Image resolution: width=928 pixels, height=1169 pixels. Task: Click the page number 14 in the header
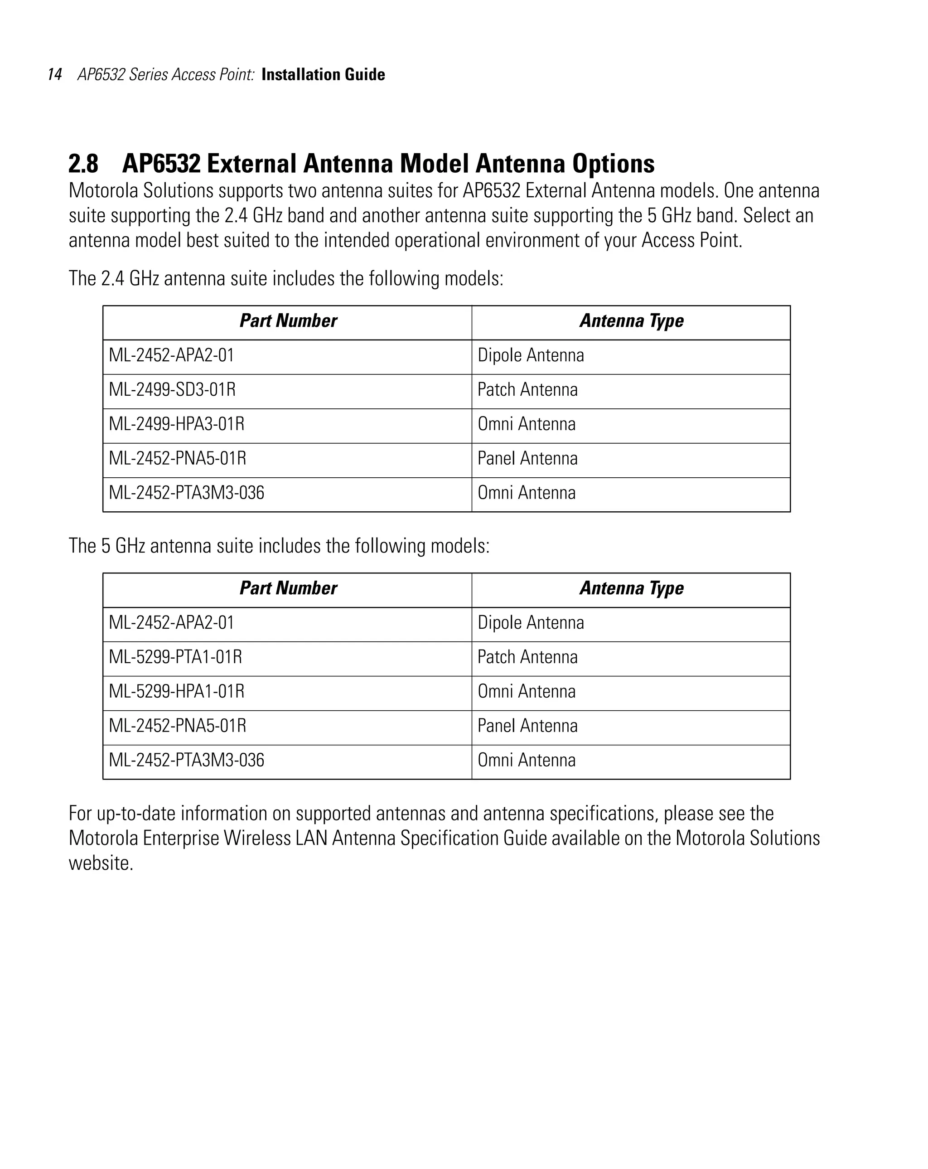pyautogui.click(x=55, y=74)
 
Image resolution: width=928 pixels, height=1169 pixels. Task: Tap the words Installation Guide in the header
pyautogui.click(x=323, y=74)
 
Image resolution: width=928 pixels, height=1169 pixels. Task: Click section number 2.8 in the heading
pyautogui.click(x=83, y=163)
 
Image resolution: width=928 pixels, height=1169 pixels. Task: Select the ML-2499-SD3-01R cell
pyautogui.click(x=172, y=389)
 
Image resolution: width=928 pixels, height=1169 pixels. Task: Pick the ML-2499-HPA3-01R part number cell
pyautogui.click(x=176, y=423)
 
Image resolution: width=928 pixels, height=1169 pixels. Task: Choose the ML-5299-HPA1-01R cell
pyautogui.click(x=176, y=691)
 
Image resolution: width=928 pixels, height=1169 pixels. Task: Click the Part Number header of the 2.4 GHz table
pyautogui.click(x=288, y=320)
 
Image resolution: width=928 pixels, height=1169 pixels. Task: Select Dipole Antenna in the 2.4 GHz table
pyautogui.click(x=530, y=355)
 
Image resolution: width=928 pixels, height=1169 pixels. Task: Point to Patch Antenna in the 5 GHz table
pyautogui.click(x=527, y=657)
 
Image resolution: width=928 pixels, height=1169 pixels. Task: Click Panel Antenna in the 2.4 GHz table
pyautogui.click(x=527, y=458)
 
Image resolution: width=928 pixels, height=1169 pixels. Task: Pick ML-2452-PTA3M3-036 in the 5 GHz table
pyautogui.click(x=187, y=760)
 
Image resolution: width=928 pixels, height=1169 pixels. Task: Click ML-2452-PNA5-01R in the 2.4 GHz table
pyautogui.click(x=177, y=458)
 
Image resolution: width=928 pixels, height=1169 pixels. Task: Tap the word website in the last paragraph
pyautogui.click(x=101, y=863)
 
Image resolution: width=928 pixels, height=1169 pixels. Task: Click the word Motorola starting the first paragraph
pyautogui.click(x=103, y=191)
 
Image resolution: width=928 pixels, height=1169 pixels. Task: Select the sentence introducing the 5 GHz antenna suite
pyautogui.click(x=279, y=545)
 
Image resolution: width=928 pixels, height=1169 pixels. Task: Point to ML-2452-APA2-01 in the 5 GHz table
pyautogui.click(x=171, y=622)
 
